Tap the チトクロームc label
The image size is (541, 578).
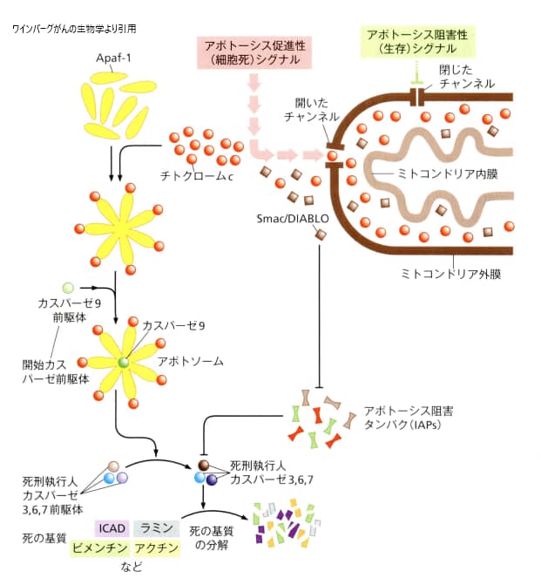pos(196,173)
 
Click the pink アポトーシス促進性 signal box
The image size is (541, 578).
pos(252,51)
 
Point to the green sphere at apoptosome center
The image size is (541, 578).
pos(125,362)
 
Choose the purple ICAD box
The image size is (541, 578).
pos(112,528)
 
